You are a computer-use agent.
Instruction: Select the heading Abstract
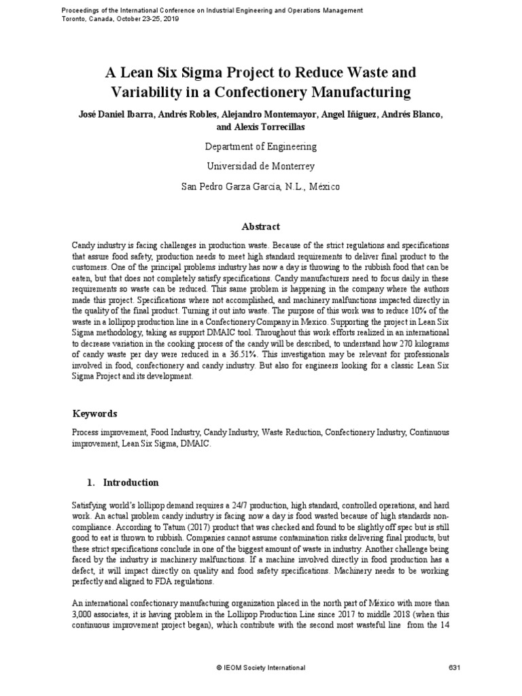(261, 226)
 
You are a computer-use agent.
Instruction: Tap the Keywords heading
(94, 413)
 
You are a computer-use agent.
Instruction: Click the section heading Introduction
(130, 483)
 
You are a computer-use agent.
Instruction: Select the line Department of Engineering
(261, 146)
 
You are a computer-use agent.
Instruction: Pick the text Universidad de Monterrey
(261, 166)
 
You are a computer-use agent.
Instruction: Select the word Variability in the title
(145, 92)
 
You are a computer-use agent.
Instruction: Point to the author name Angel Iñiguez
(338, 114)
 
